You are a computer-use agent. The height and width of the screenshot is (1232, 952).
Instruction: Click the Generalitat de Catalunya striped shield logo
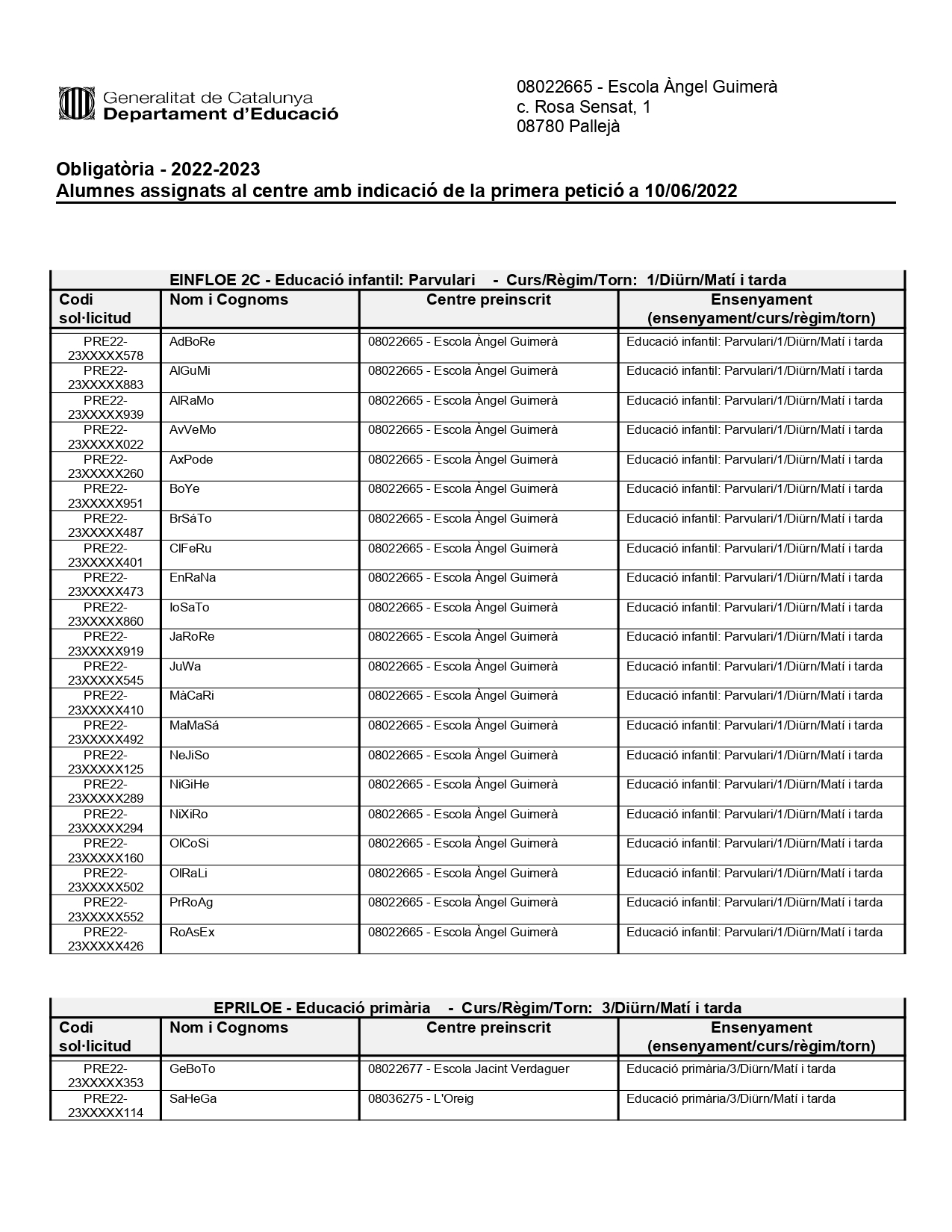coord(77,104)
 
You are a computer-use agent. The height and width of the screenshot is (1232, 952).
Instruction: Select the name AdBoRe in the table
coord(192,342)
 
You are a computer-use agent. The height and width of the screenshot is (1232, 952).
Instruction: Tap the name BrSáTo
coord(190,519)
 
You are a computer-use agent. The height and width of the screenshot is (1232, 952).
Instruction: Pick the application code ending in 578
coord(105,349)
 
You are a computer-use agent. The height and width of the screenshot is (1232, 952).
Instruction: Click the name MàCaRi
coord(191,696)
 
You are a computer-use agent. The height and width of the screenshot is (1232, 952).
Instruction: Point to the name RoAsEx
coord(192,933)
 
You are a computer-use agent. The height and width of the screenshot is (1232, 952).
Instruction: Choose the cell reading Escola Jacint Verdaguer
coord(468,1069)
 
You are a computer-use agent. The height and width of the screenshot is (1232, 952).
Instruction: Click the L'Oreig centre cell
coord(420,1099)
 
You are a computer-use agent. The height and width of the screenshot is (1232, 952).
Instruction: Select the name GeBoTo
coord(192,1069)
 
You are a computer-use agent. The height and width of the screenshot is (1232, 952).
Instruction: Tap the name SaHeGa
coord(193,1099)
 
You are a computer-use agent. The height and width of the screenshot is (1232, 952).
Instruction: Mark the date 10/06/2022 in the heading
coord(691,191)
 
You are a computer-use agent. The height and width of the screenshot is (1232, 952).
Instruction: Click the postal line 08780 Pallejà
coord(567,127)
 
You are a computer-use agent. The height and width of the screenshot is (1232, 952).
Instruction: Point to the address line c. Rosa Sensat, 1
coord(583,107)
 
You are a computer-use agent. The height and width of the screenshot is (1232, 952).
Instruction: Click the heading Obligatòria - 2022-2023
coord(158,169)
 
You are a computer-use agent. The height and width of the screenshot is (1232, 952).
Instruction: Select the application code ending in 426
coord(105,939)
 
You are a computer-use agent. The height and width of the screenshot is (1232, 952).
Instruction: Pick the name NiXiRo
coord(188,815)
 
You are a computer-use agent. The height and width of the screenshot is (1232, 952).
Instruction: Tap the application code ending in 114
coord(105,1106)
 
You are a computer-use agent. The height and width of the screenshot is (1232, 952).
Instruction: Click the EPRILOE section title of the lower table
coord(477,1008)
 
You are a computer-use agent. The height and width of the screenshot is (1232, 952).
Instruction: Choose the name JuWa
coord(185,667)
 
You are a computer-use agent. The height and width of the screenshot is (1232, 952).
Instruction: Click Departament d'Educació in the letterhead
coord(220,114)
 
